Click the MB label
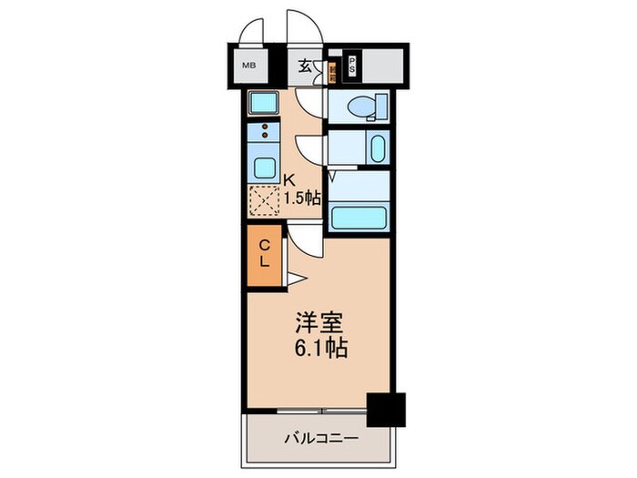(x=247, y=65)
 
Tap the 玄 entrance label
(x=307, y=66)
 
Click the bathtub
(x=359, y=218)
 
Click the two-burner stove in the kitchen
(x=264, y=133)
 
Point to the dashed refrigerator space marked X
(x=265, y=199)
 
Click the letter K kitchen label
(x=291, y=178)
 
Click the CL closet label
(x=264, y=254)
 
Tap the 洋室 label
(x=318, y=322)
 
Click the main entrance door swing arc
(x=300, y=27)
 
